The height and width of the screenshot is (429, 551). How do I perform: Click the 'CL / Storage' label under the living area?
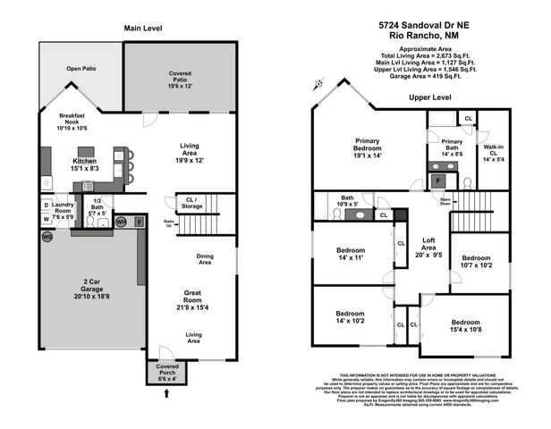[x=191, y=203]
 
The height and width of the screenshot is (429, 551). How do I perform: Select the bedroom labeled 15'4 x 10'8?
[x=465, y=325]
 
